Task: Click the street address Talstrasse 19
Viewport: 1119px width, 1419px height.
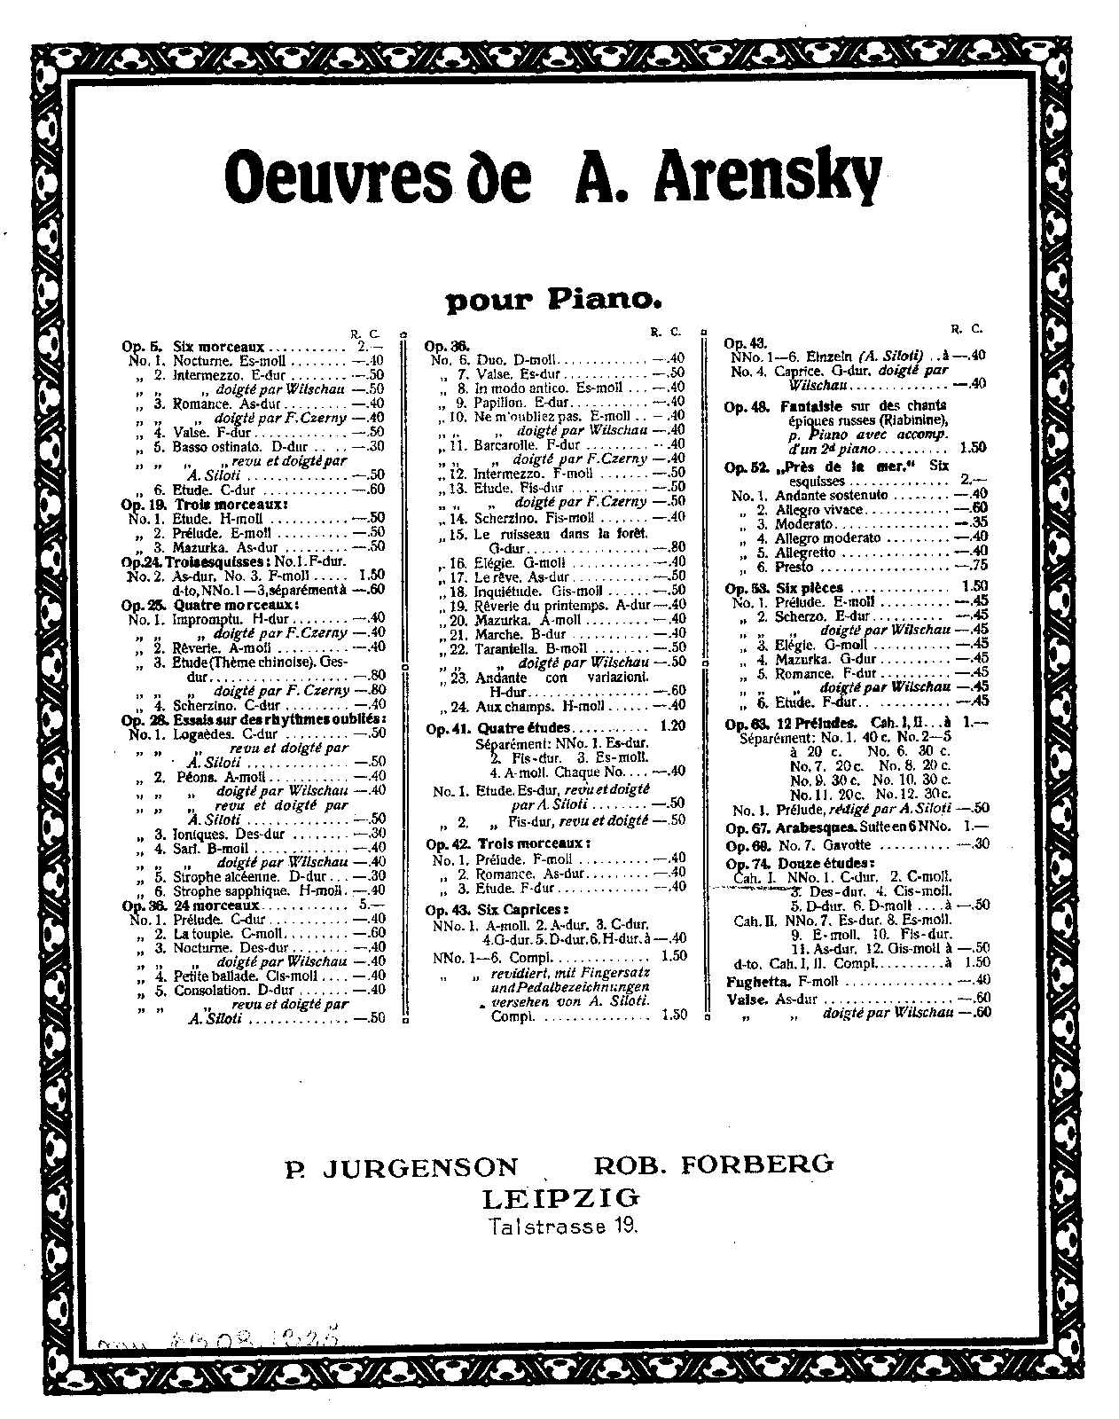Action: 560,1227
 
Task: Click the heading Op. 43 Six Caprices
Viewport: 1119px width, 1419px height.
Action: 498,910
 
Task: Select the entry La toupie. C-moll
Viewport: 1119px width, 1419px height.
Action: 216,933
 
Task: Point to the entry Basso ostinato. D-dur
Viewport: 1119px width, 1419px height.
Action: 228,447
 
